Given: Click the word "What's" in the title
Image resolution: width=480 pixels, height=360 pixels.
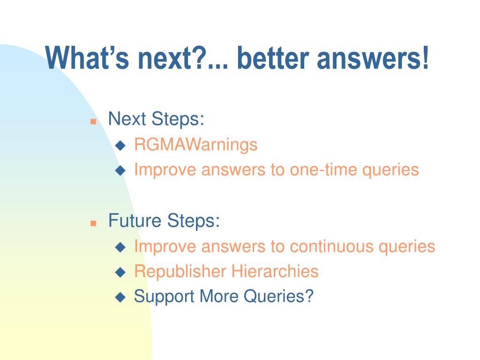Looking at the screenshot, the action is click(88, 58).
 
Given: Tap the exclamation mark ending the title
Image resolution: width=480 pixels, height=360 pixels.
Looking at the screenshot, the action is click(425, 58).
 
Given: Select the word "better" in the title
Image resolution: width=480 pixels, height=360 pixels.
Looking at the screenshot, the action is click(273, 58).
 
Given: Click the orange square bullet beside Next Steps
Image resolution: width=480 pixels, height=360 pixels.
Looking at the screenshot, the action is click(93, 121).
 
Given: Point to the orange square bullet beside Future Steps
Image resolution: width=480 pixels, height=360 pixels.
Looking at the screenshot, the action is click(93, 223).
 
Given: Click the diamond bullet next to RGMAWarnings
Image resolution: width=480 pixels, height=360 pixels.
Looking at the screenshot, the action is click(120, 145).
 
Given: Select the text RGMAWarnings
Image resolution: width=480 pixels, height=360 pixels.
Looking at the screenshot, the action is click(196, 144).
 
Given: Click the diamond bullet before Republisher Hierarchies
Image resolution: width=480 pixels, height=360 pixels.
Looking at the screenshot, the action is click(120, 272).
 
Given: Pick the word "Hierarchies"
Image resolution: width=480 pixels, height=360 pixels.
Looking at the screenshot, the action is click(275, 271).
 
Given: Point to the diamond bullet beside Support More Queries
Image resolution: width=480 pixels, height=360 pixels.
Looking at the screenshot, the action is click(120, 297).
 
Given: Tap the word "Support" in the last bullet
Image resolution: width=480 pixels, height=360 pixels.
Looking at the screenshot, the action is click(164, 297).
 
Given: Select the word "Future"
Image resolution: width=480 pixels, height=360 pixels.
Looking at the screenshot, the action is click(135, 220).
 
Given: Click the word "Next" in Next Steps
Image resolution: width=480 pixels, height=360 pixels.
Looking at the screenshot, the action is click(127, 119).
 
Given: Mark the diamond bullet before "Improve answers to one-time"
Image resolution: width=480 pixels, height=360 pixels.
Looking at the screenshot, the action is click(120, 171).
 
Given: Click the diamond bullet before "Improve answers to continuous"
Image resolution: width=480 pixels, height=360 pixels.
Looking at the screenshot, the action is click(120, 247).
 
